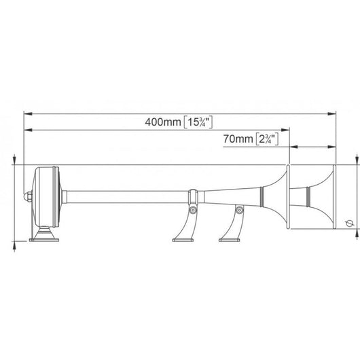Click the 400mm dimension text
pos(163,122)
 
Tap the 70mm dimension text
pos(238,139)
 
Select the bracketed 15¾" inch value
pos(198,122)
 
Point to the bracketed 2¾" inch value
pos(267,139)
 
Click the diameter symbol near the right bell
pos(349,223)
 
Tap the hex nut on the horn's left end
pos(28,197)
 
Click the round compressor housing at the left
pos(47,196)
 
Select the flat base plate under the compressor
pos(44,240)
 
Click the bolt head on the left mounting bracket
pos(193,210)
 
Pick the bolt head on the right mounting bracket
pos(239,210)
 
